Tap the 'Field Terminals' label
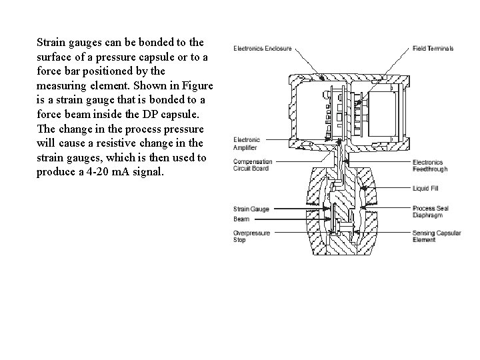coord(433,48)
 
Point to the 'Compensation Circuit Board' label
coord(253,165)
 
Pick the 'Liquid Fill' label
coord(425,187)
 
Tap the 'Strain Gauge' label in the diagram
coord(251,209)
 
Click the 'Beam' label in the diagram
coord(241,219)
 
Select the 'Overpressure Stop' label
coord(251,236)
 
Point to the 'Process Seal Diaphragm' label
coord(430,212)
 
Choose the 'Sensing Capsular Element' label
coord(434,236)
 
